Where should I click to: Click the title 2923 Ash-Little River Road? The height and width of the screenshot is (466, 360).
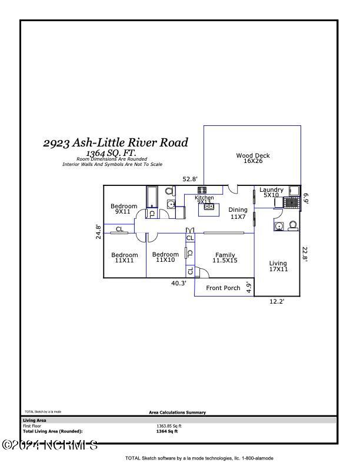(115, 142)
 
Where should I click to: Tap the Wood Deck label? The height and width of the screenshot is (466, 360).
(253, 158)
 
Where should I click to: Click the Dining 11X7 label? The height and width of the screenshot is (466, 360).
(238, 213)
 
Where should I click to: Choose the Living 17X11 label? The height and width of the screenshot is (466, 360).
(278, 267)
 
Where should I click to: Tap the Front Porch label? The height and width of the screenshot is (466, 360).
(224, 288)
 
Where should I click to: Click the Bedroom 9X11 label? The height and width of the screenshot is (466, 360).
(124, 209)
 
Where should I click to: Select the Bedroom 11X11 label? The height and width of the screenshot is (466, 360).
(125, 257)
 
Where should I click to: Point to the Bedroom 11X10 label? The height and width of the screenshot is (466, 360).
(165, 257)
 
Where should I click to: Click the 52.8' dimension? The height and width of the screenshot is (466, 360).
(190, 179)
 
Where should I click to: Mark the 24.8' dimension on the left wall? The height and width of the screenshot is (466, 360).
(98, 231)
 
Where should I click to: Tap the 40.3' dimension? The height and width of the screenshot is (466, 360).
(179, 283)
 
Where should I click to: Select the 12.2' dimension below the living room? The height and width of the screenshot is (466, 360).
(276, 301)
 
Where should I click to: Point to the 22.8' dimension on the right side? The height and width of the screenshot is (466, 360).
(305, 253)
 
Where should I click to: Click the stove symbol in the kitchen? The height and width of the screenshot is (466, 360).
(202, 190)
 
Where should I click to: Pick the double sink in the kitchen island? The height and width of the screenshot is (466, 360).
(208, 206)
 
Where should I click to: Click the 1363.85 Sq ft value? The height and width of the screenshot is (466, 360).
(169, 426)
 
